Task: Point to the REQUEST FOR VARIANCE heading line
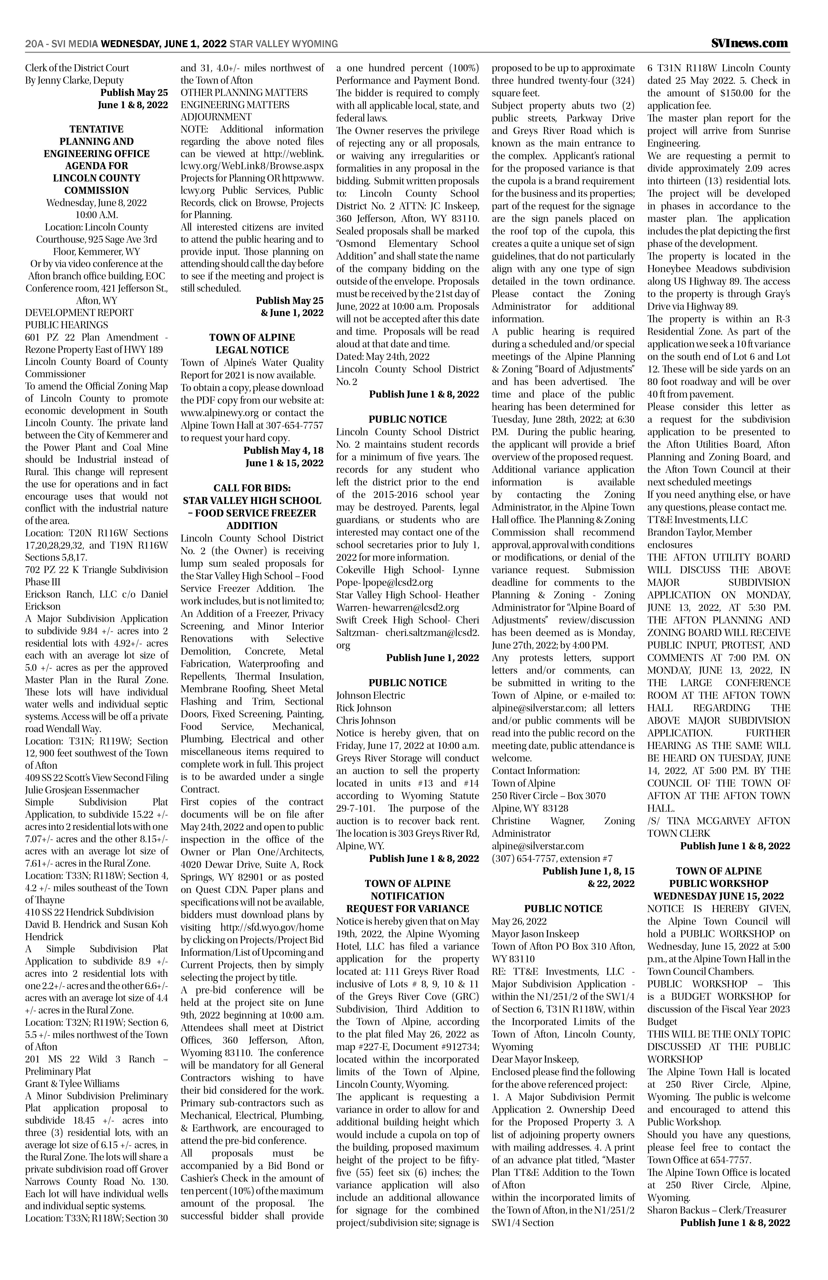tap(407, 908)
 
